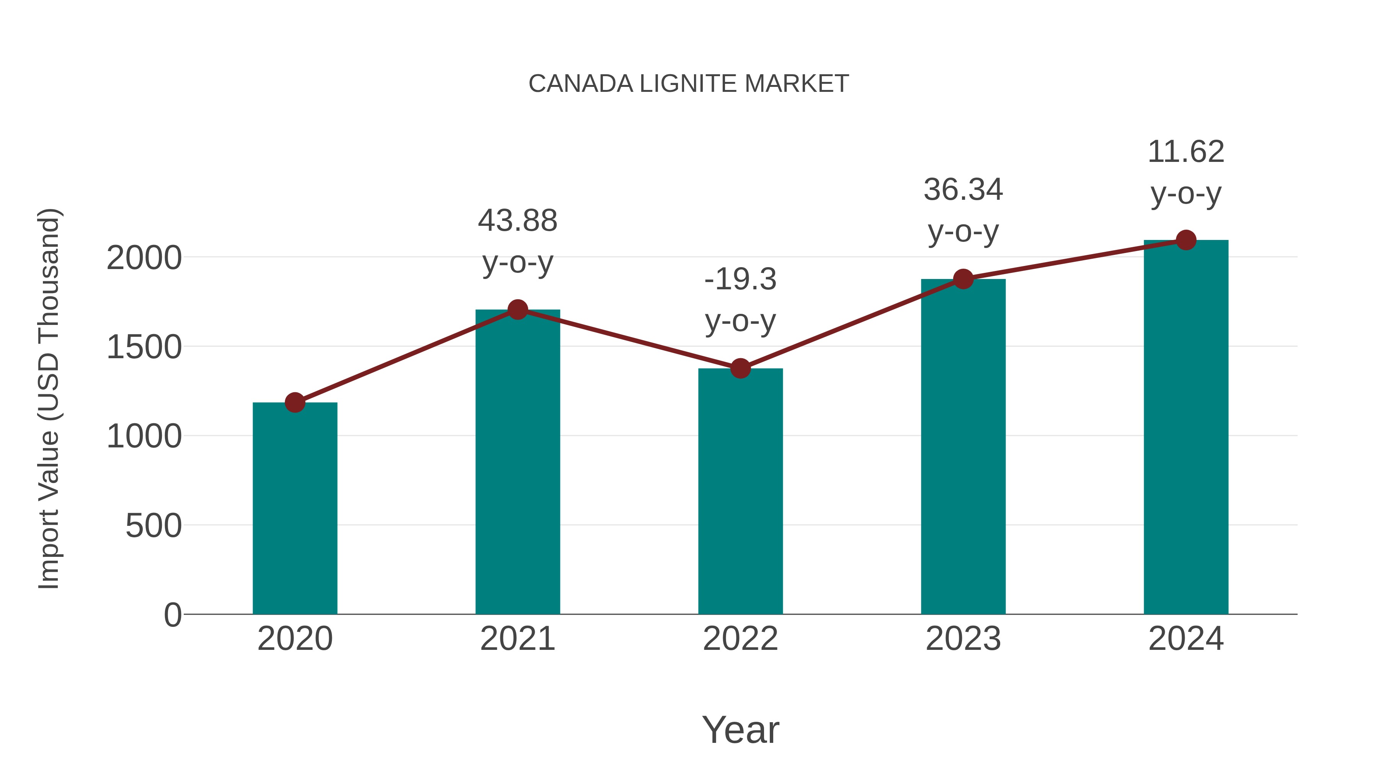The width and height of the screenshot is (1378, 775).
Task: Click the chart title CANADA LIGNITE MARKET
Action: (x=689, y=84)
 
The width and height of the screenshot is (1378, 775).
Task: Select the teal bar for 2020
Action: (x=295, y=508)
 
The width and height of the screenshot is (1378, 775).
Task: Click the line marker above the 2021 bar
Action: (x=517, y=309)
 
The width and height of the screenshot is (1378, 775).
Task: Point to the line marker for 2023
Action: (x=963, y=279)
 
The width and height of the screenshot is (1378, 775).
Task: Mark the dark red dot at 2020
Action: (x=295, y=402)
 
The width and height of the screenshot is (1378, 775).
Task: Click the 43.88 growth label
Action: (x=517, y=220)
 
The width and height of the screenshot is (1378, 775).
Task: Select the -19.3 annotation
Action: (x=740, y=279)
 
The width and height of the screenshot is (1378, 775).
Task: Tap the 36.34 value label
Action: (x=963, y=190)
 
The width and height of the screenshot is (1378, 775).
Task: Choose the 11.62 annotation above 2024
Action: (x=1186, y=152)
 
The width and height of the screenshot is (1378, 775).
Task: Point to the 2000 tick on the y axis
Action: (x=144, y=258)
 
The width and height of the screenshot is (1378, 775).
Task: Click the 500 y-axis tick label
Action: (x=153, y=526)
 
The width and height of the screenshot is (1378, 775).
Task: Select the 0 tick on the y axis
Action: (x=172, y=615)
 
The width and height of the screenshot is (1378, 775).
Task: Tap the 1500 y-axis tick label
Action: (x=144, y=348)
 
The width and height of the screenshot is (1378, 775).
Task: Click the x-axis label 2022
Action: (x=740, y=639)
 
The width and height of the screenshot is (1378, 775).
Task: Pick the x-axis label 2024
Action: (x=1186, y=639)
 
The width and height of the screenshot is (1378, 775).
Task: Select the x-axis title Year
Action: (x=740, y=729)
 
